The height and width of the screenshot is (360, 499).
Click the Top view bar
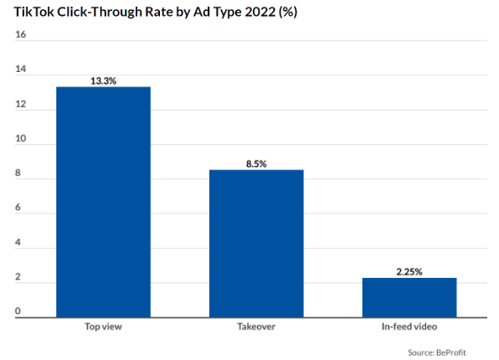coord(104,202)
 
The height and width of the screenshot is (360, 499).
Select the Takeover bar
coord(256,244)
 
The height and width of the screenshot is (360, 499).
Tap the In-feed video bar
coord(409,297)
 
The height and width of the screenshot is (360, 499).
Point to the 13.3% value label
coord(104,81)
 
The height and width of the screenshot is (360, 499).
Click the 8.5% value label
coord(256,164)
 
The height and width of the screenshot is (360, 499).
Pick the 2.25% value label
coord(409,272)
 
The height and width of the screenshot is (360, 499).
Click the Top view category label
coord(103,327)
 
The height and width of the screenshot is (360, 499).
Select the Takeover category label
coord(256,327)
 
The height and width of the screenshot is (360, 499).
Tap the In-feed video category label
coord(409,327)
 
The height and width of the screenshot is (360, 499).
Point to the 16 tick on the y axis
coord(20,34)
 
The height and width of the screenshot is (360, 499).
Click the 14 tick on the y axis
coord(20,69)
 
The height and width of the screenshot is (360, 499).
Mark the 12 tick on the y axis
coord(20,104)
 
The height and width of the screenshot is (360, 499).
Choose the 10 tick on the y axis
coord(20,138)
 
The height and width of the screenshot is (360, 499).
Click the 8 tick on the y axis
coord(18,172)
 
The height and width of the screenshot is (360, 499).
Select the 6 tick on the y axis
coord(18,208)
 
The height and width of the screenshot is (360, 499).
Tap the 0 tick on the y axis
coord(18,311)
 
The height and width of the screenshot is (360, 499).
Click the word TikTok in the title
coord(33,12)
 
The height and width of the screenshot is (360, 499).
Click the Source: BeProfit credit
coord(437,352)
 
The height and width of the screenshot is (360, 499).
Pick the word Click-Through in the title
coord(99,13)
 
